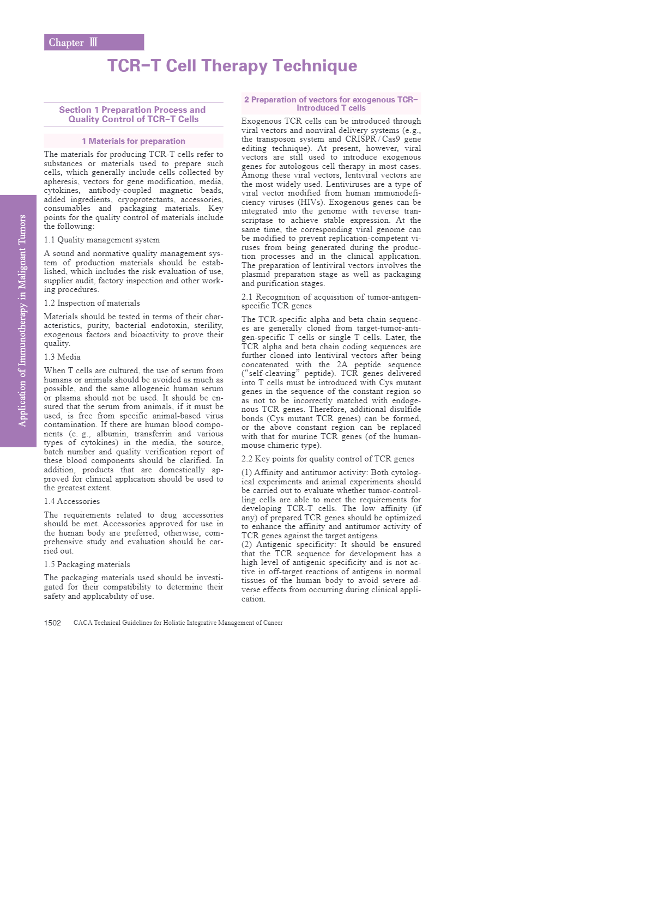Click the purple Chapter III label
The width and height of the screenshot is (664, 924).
(x=94, y=42)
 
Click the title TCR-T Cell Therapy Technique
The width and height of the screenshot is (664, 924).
(x=232, y=66)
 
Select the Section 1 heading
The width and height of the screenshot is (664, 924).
(x=133, y=114)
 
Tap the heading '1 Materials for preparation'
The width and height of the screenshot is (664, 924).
(x=134, y=141)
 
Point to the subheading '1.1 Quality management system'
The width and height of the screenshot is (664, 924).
(x=102, y=240)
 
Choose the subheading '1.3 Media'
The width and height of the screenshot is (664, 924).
(x=62, y=357)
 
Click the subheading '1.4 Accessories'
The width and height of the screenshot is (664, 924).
(x=72, y=501)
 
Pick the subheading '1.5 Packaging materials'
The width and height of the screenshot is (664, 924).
(x=87, y=564)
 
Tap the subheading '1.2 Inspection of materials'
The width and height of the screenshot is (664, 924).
(x=92, y=303)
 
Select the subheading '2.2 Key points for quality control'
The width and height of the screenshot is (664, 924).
(x=328, y=459)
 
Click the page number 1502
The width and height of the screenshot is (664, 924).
(x=52, y=623)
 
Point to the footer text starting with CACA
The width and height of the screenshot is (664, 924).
(x=178, y=623)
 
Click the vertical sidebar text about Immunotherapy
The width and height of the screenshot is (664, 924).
(x=22, y=321)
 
